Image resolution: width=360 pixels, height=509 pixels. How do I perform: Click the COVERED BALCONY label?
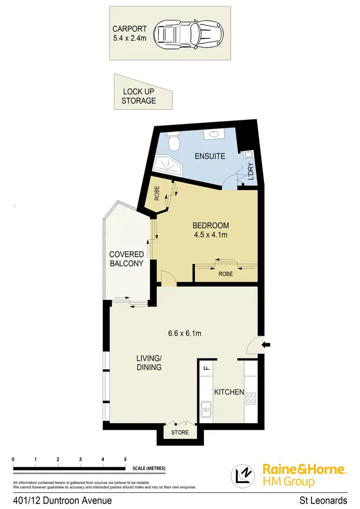pyautogui.click(x=127, y=259)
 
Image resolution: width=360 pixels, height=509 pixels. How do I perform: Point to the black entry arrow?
pyautogui.click(x=267, y=344)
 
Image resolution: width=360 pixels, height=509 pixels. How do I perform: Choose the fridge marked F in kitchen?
pyautogui.click(x=206, y=368)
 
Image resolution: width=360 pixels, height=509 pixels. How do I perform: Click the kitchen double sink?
pyautogui.click(x=207, y=408)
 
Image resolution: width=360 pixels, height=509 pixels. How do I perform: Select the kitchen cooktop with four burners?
pyautogui.click(x=251, y=398)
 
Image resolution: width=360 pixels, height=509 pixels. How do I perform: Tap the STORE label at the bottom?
pyautogui.click(x=180, y=432)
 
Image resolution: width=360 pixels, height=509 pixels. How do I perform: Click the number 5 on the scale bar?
pyautogui.click(x=125, y=459)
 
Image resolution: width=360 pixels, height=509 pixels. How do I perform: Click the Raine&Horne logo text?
pyautogui.click(x=303, y=469)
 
